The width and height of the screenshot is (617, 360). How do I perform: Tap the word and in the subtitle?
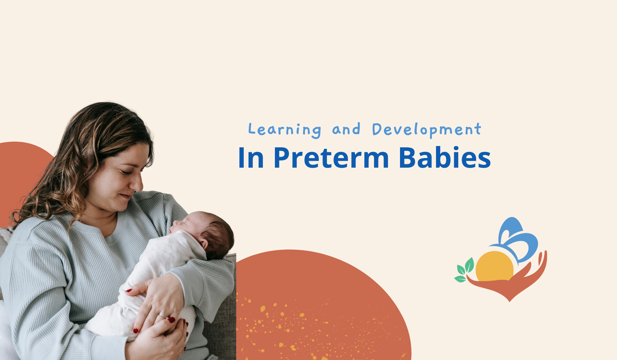pos(346,129)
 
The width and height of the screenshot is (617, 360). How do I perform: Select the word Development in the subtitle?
pos(427,130)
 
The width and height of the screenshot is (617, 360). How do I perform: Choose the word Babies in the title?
pos(445,157)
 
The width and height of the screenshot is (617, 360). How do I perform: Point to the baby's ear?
pos(203,243)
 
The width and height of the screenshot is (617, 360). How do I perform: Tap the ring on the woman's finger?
pos(162,315)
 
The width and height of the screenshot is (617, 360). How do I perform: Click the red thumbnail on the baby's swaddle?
pos(129,291)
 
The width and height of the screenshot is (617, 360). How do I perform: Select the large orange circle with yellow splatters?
pos(324,305)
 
